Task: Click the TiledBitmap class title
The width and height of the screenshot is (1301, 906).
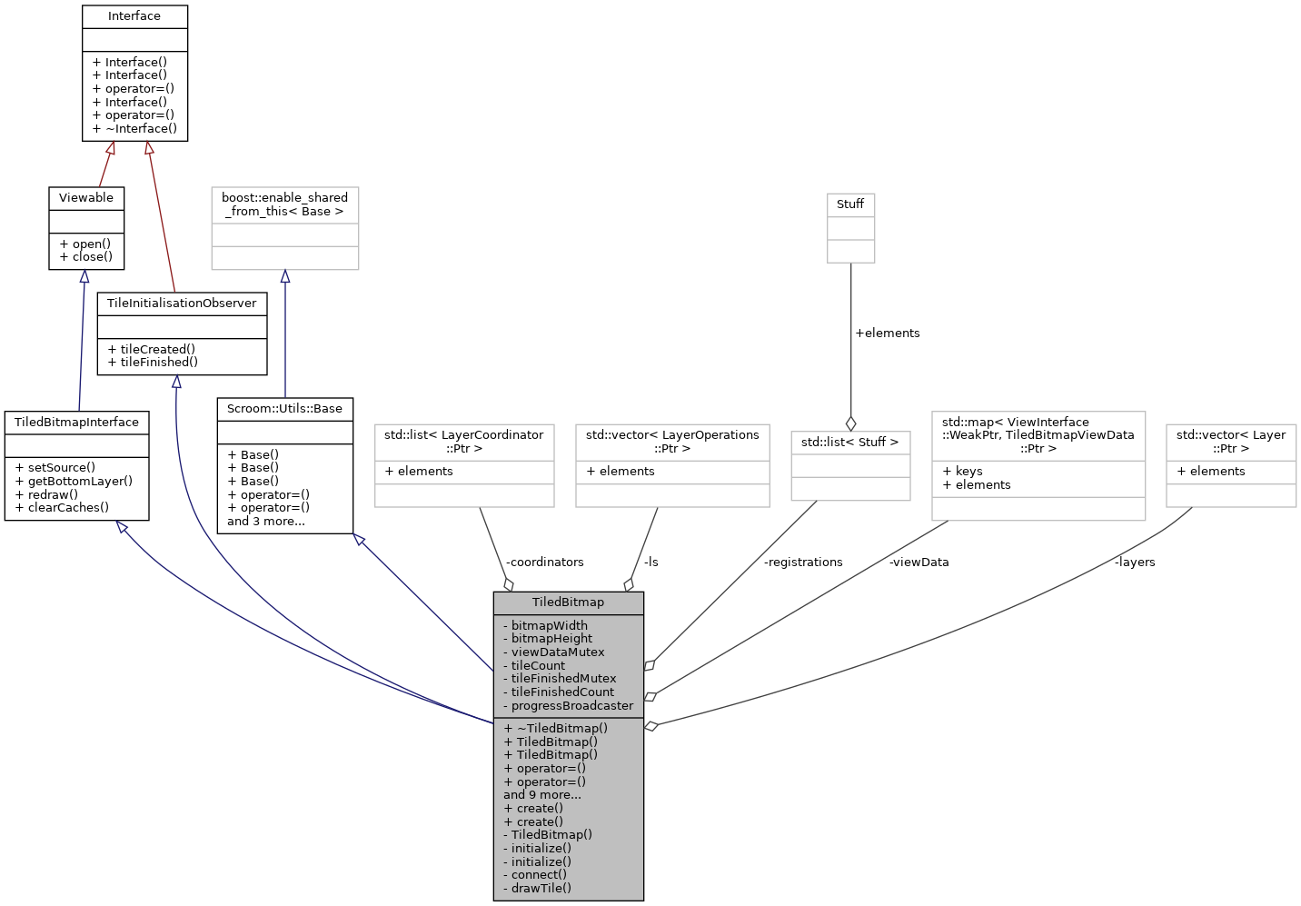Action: (x=568, y=602)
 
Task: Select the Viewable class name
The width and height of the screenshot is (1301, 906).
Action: (x=86, y=198)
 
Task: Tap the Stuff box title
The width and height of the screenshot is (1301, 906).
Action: (x=850, y=204)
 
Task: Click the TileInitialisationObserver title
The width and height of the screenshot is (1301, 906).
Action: (x=182, y=304)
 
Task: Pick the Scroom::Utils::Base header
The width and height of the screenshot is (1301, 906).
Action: (x=284, y=409)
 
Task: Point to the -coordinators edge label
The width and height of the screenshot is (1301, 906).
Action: (x=544, y=563)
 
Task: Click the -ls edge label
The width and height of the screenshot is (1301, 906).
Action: (x=650, y=563)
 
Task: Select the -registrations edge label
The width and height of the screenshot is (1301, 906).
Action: (x=803, y=563)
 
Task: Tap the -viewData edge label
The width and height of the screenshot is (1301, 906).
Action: (x=919, y=563)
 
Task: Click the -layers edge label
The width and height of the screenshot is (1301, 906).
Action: (x=1135, y=563)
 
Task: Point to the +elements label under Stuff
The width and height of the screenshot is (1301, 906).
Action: (x=887, y=334)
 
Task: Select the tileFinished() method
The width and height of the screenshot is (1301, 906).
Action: (x=153, y=363)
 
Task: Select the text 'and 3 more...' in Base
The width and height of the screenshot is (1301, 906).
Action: (x=266, y=522)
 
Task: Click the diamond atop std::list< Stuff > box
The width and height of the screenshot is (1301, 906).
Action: (x=850, y=423)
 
